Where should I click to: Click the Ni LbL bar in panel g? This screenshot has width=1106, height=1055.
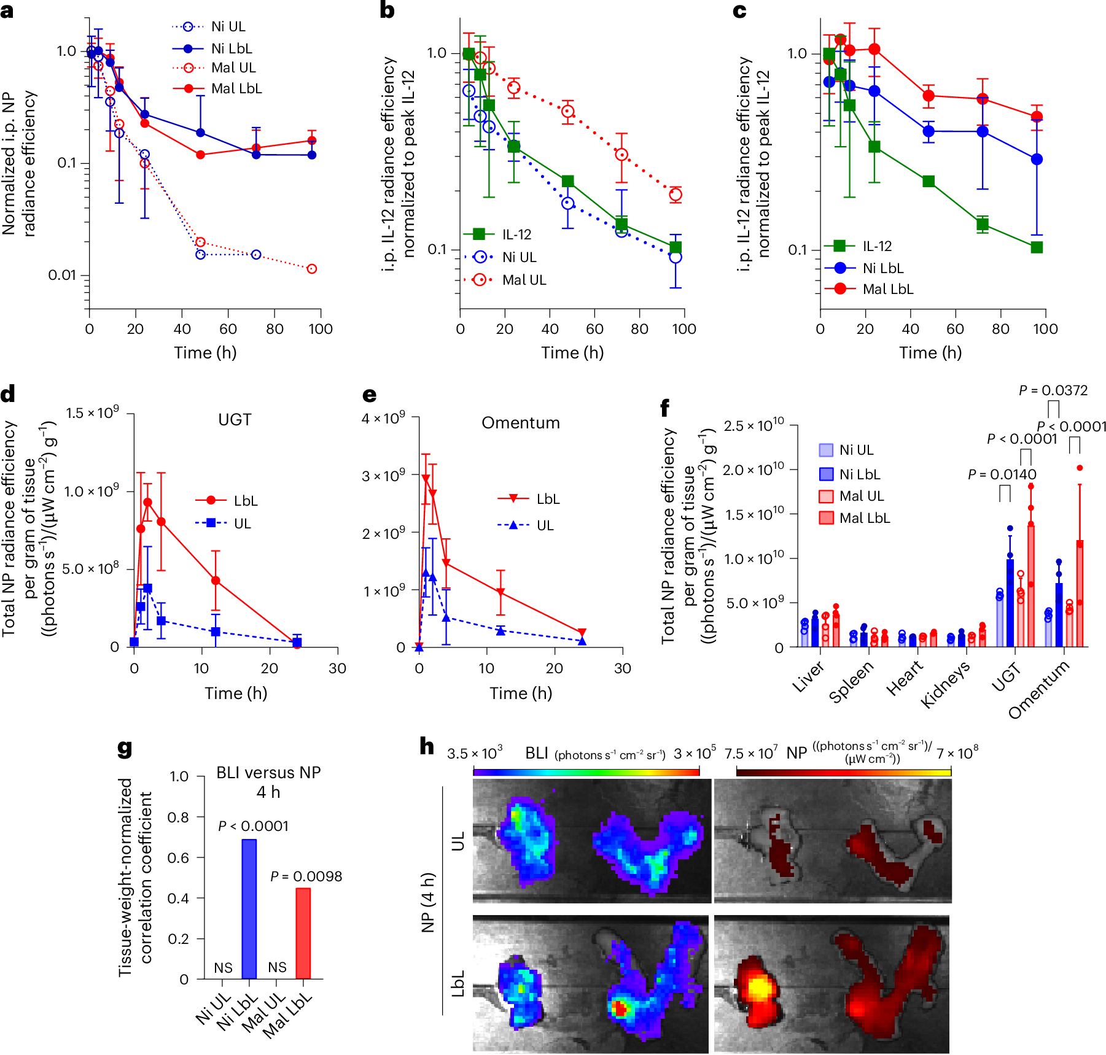pyautogui.click(x=249, y=908)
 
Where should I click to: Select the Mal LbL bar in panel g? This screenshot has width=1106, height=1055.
pyautogui.click(x=303, y=933)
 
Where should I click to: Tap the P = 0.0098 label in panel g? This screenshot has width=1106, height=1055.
pyautogui.click(x=306, y=876)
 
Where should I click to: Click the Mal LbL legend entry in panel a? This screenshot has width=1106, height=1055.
pyautogui.click(x=236, y=88)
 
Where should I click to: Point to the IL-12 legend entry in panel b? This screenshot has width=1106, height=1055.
pyautogui.click(x=516, y=234)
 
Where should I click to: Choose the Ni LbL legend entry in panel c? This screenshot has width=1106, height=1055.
pyautogui.click(x=882, y=268)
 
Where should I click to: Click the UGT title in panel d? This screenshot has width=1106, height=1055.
pyautogui.click(x=235, y=420)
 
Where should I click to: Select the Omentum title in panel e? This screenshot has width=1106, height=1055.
pyautogui.click(x=520, y=423)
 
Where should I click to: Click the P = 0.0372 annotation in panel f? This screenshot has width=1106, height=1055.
pyautogui.click(x=1053, y=390)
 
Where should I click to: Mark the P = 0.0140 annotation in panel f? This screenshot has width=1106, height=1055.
pyautogui.click(x=1002, y=474)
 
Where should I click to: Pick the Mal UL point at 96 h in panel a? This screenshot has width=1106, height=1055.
pyautogui.click(x=312, y=269)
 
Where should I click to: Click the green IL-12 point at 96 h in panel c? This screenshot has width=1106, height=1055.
pyautogui.click(x=1037, y=247)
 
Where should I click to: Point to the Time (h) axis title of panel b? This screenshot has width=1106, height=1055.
pyautogui.click(x=572, y=353)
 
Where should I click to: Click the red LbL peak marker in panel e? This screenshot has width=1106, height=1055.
pyautogui.click(x=426, y=477)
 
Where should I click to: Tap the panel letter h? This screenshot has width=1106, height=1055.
pyautogui.click(x=427, y=747)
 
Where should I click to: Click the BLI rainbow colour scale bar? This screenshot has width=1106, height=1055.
pyautogui.click(x=586, y=771)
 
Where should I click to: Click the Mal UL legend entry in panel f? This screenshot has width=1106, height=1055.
pyautogui.click(x=860, y=496)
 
